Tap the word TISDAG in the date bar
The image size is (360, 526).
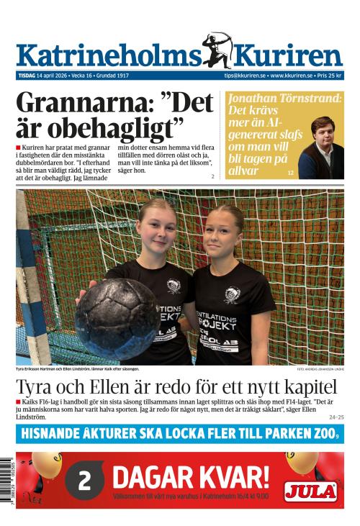pyautogui.click(x=29, y=76)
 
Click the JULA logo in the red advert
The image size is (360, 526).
pyautogui.click(x=310, y=491)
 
